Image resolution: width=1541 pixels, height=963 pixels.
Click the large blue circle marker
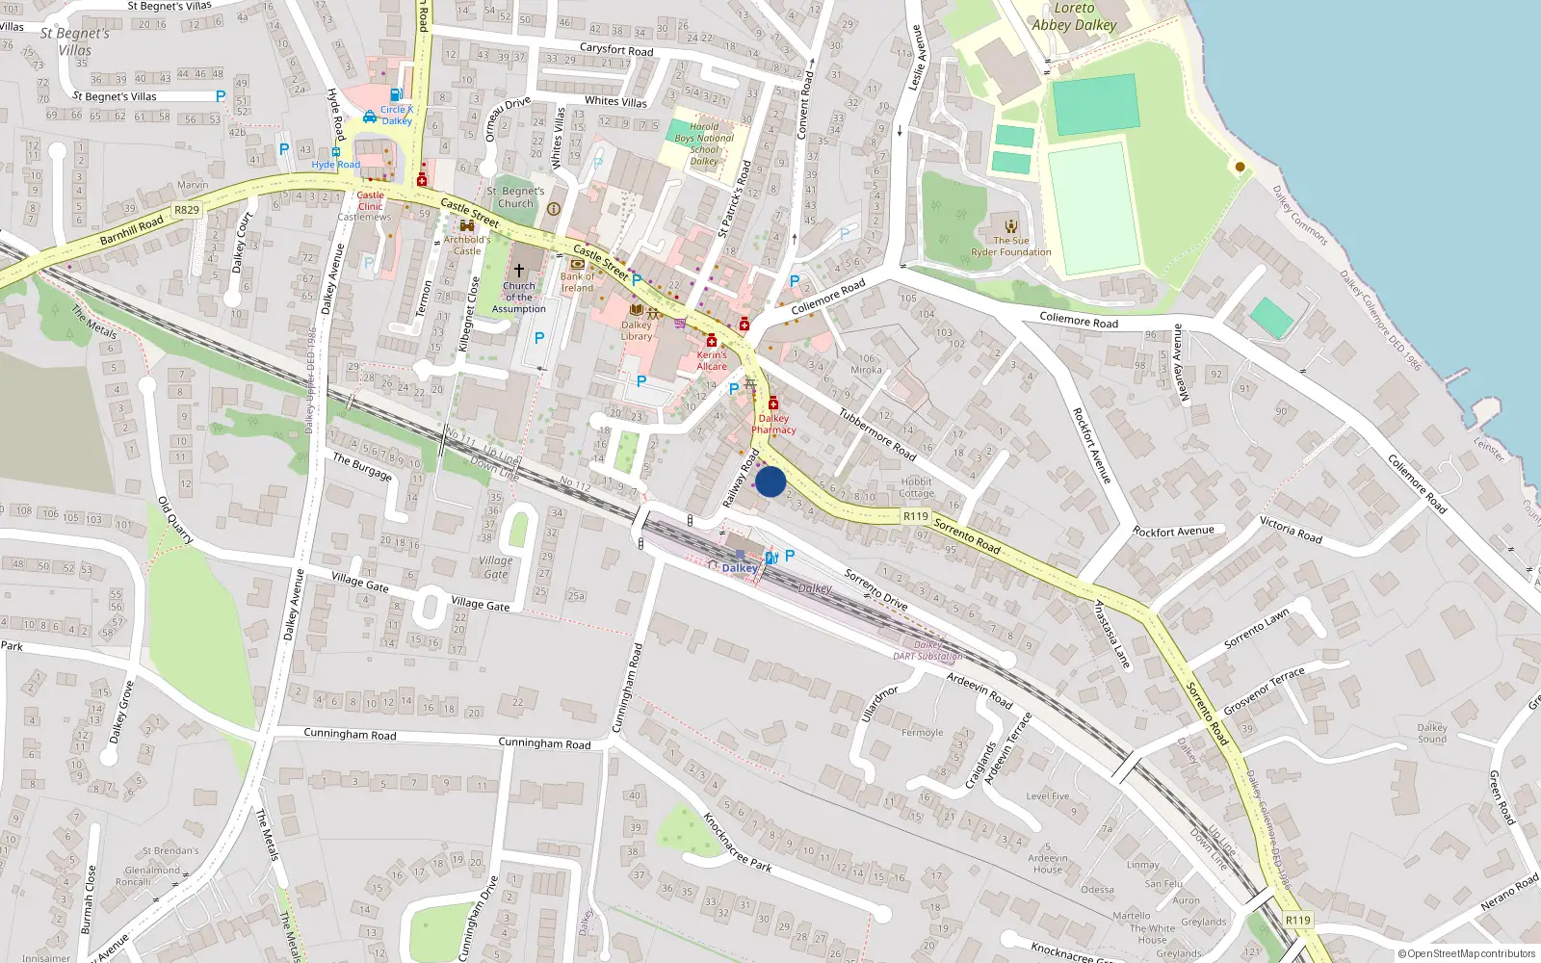(x=770, y=481)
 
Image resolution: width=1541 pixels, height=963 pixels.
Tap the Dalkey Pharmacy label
(x=773, y=425)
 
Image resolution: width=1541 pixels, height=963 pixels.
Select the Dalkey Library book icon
(x=636, y=310)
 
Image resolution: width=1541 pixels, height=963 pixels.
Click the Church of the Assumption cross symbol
(x=518, y=271)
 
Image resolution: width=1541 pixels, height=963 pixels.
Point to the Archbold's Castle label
(x=467, y=246)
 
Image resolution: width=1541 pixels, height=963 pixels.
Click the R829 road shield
(x=187, y=210)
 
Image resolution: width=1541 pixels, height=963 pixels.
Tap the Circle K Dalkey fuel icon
(x=396, y=95)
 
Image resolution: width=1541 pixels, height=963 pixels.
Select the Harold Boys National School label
(x=704, y=143)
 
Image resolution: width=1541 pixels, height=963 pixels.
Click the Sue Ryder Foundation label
(x=1011, y=247)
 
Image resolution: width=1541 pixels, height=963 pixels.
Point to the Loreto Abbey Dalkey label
(x=1074, y=17)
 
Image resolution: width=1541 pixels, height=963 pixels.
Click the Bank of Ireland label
(x=578, y=282)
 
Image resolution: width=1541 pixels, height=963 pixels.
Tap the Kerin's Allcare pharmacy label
(x=712, y=360)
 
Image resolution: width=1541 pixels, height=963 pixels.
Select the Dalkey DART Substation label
(x=927, y=651)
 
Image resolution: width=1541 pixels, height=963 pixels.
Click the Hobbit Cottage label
(x=917, y=487)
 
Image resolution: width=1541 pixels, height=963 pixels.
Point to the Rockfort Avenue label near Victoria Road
(x=1173, y=532)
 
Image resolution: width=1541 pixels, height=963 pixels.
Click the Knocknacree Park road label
(x=737, y=843)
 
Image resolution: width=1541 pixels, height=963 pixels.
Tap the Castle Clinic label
(x=371, y=200)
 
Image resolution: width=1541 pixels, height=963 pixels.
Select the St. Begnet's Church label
(x=515, y=197)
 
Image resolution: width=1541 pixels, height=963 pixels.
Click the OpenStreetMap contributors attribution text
(x=1467, y=953)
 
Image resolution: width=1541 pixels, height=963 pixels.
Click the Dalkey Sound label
(x=1432, y=733)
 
